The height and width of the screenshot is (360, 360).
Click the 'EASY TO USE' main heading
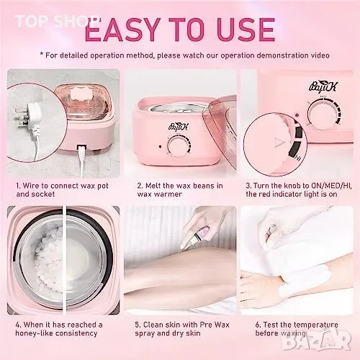[x=180, y=30]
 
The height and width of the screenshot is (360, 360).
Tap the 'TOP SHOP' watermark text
[x=55, y=21]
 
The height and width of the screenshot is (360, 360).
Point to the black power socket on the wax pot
[x=81, y=148]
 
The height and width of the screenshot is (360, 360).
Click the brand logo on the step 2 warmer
[x=179, y=126]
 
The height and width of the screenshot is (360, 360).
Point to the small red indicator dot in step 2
[x=160, y=146]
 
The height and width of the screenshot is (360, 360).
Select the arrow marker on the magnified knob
[x=279, y=143]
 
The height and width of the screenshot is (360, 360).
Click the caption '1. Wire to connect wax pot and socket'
[x=62, y=189]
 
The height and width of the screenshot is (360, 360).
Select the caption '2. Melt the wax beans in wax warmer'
[x=180, y=189]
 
